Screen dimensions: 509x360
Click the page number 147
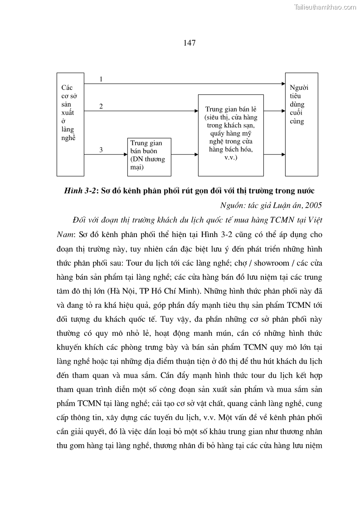click(190, 43)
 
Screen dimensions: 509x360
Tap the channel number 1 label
click(101, 79)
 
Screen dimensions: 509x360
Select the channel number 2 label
click(101, 107)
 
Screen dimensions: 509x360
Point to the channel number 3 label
click(101, 150)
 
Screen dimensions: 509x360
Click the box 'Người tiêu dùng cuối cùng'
click(301, 124)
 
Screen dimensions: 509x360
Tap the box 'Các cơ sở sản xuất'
click(70, 124)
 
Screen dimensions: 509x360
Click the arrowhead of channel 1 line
click(282, 84)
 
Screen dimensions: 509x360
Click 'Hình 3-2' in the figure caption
click(80, 190)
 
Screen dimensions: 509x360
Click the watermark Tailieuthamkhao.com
click(325, 7)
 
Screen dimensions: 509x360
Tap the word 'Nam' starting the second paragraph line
click(64, 234)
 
